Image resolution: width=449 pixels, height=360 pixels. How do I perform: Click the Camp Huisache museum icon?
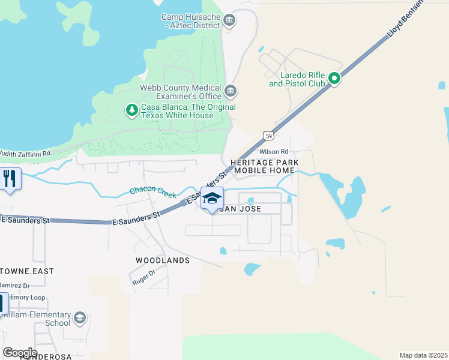click(x=229, y=22)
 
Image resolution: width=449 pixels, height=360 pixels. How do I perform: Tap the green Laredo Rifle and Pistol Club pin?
click(x=334, y=78)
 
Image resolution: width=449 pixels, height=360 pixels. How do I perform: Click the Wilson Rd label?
click(x=290, y=152)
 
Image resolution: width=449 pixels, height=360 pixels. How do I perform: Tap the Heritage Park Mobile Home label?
click(x=264, y=167)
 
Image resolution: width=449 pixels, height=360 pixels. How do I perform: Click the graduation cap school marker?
click(x=212, y=199)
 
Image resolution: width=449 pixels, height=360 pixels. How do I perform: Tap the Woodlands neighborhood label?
click(x=163, y=260)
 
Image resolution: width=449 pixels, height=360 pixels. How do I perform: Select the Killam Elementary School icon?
click(x=79, y=317)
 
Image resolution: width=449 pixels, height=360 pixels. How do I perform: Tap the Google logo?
click(x=20, y=352)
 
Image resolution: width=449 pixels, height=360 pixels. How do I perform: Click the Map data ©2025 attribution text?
click(x=423, y=355)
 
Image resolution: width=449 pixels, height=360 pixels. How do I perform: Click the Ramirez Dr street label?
click(x=14, y=286)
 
